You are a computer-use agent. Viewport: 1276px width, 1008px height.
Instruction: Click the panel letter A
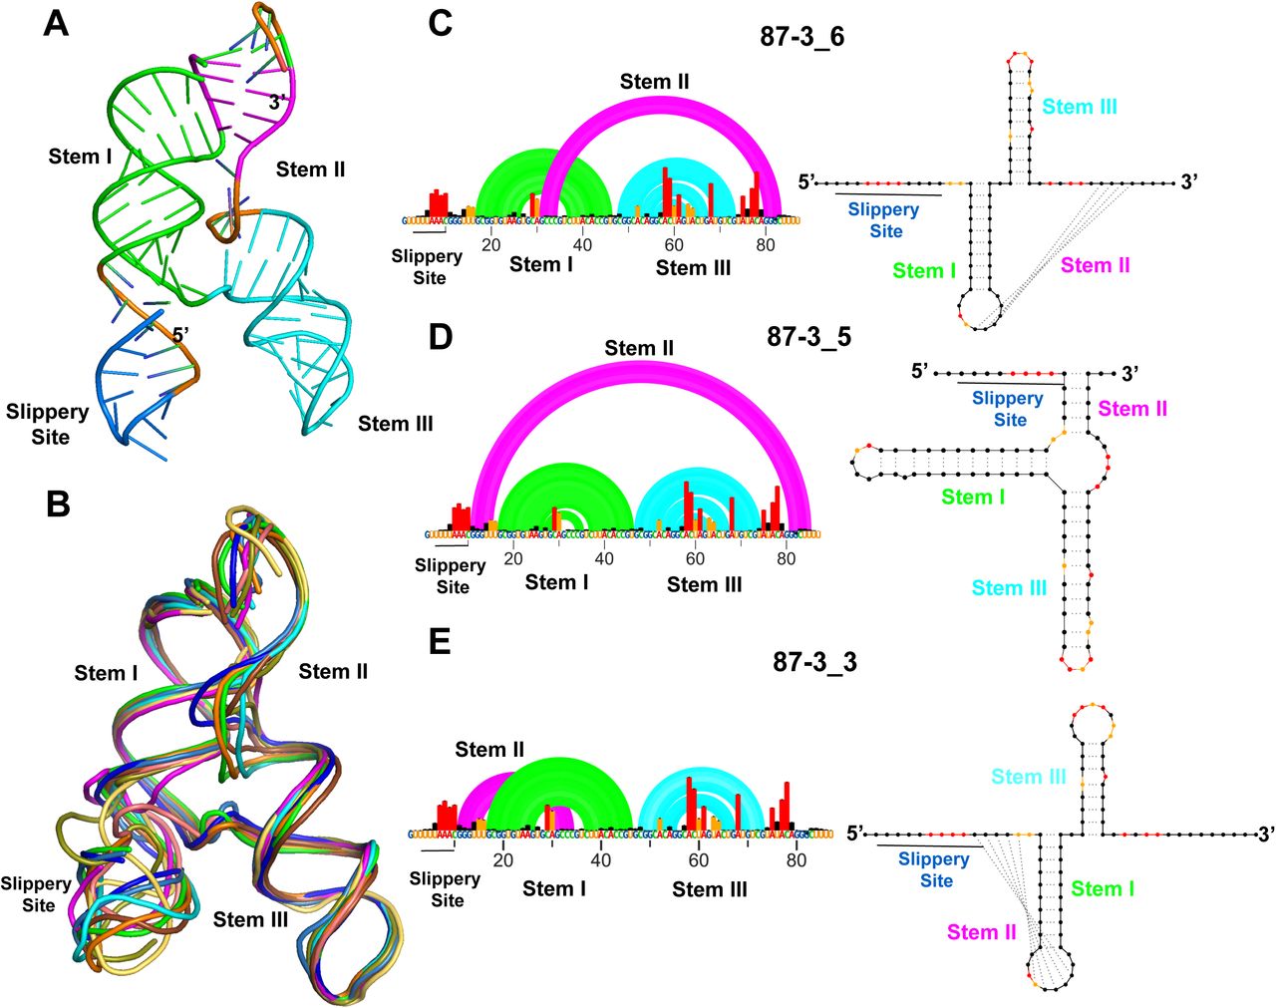(x=57, y=22)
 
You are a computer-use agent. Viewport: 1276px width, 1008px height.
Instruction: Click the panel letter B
(x=57, y=504)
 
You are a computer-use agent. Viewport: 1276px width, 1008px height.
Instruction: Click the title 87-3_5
(x=808, y=337)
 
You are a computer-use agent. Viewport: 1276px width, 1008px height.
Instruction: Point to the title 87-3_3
(x=814, y=661)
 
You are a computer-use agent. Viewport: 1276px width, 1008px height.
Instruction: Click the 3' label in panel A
(x=279, y=101)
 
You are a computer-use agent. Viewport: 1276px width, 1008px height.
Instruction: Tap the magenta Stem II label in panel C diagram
(x=1095, y=265)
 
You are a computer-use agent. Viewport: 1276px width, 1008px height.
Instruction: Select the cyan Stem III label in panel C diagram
(x=1080, y=107)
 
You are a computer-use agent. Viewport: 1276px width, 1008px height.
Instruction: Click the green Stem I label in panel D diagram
(x=973, y=497)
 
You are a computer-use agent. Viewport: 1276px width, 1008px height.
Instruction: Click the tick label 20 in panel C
(x=490, y=245)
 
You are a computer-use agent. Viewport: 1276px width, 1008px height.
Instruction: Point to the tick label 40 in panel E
(x=600, y=860)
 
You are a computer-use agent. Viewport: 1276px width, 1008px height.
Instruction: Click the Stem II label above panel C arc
(x=654, y=82)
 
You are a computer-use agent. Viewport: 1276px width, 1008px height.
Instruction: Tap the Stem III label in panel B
(x=250, y=919)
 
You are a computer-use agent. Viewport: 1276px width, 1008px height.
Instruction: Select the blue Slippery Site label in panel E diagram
(x=934, y=869)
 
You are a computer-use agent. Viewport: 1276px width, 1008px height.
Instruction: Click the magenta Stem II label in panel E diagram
(x=981, y=932)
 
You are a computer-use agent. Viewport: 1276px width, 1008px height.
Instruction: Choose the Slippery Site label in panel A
(x=47, y=424)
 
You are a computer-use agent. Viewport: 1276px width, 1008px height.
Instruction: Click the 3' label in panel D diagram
(x=1129, y=374)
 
